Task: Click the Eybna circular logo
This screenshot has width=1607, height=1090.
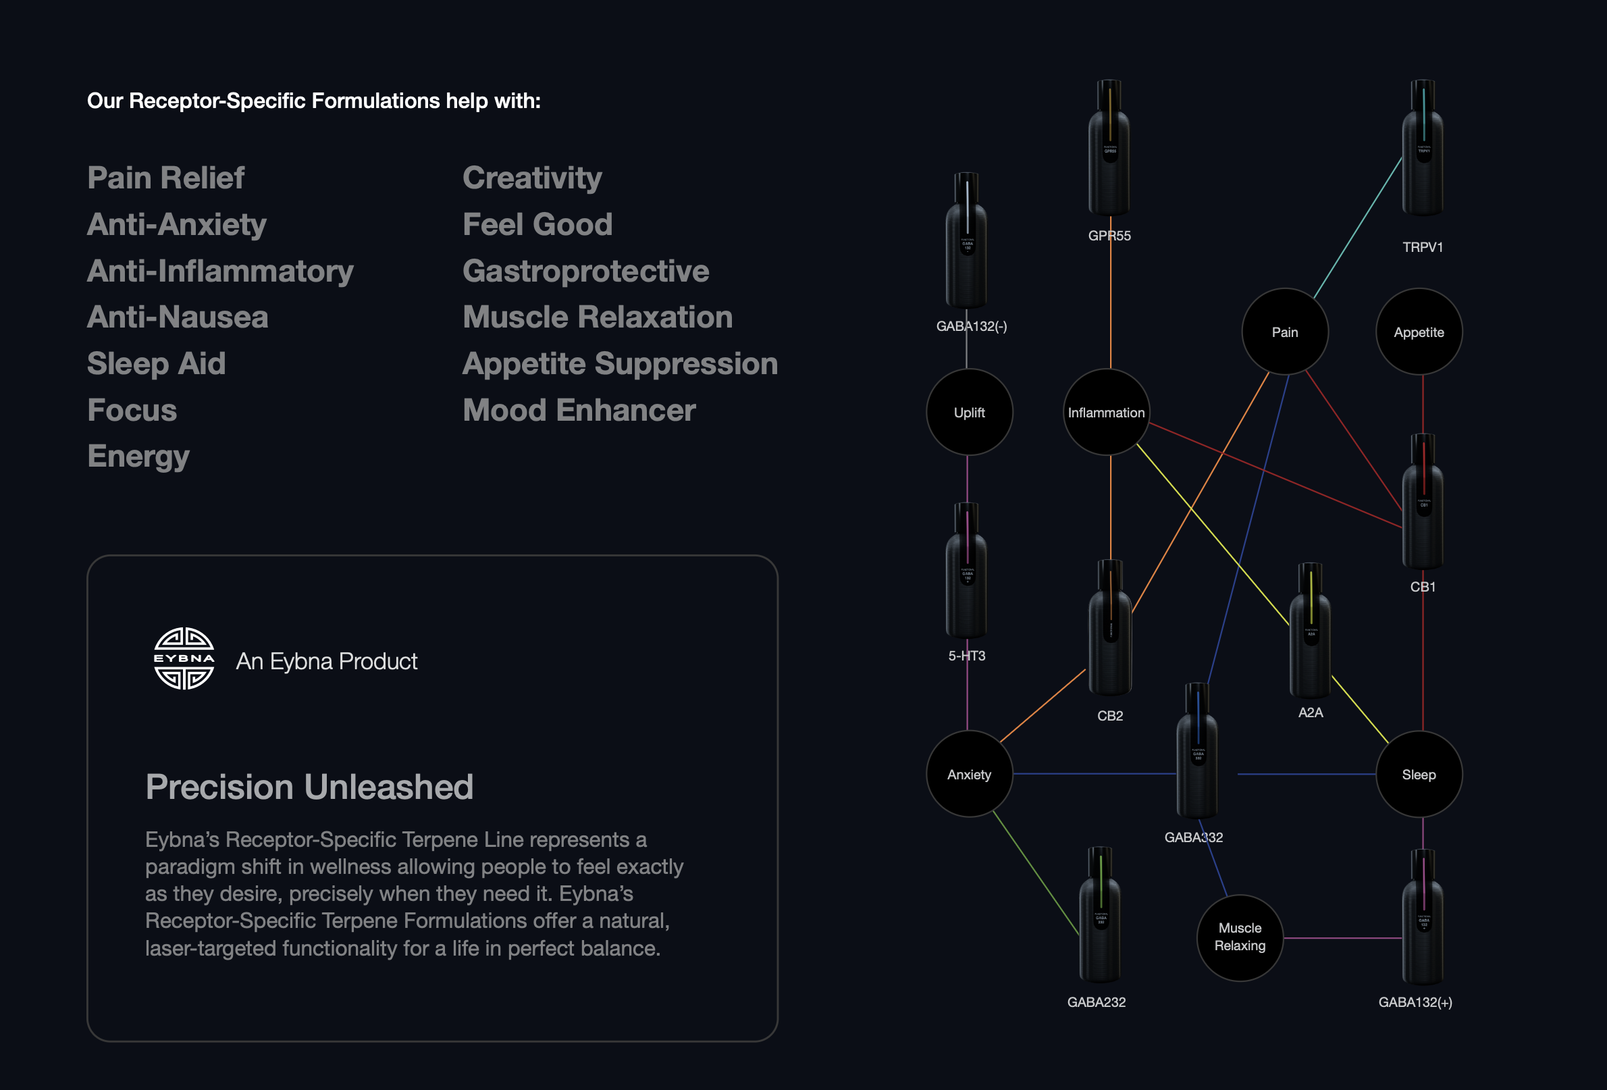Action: [183, 658]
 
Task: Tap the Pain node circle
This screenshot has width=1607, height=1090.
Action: [1285, 332]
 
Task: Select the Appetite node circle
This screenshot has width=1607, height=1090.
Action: [1419, 332]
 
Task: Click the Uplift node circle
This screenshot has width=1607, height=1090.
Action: [969, 412]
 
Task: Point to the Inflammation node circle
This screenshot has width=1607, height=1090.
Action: [1106, 412]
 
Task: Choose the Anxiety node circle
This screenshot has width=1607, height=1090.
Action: [969, 774]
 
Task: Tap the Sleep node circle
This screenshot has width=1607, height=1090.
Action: [1419, 774]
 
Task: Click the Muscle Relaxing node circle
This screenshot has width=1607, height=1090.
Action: [1240, 937]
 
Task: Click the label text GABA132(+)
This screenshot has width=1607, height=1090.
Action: [1415, 1002]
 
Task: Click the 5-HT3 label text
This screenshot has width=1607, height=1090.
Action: [967, 656]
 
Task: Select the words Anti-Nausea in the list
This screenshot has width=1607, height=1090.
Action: [178, 317]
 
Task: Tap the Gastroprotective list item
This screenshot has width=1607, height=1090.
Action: [585, 271]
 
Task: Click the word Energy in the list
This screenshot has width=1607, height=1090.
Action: [138, 457]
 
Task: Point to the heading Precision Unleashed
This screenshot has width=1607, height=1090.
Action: [309, 787]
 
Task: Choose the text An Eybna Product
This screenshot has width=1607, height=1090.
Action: [326, 661]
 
